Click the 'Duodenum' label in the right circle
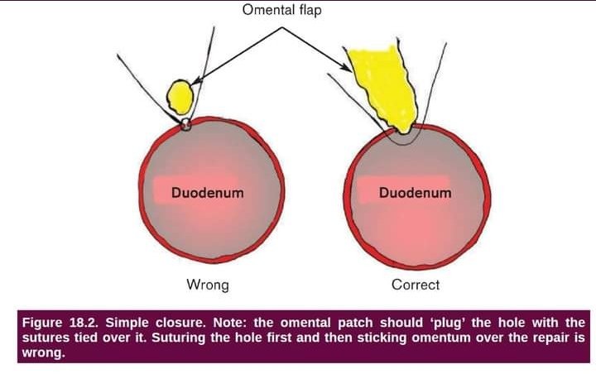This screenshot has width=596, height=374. click(x=415, y=194)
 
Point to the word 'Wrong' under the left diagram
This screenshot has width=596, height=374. click(x=207, y=285)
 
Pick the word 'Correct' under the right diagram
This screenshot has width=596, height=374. click(x=415, y=285)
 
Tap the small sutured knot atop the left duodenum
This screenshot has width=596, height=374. click(x=185, y=124)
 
